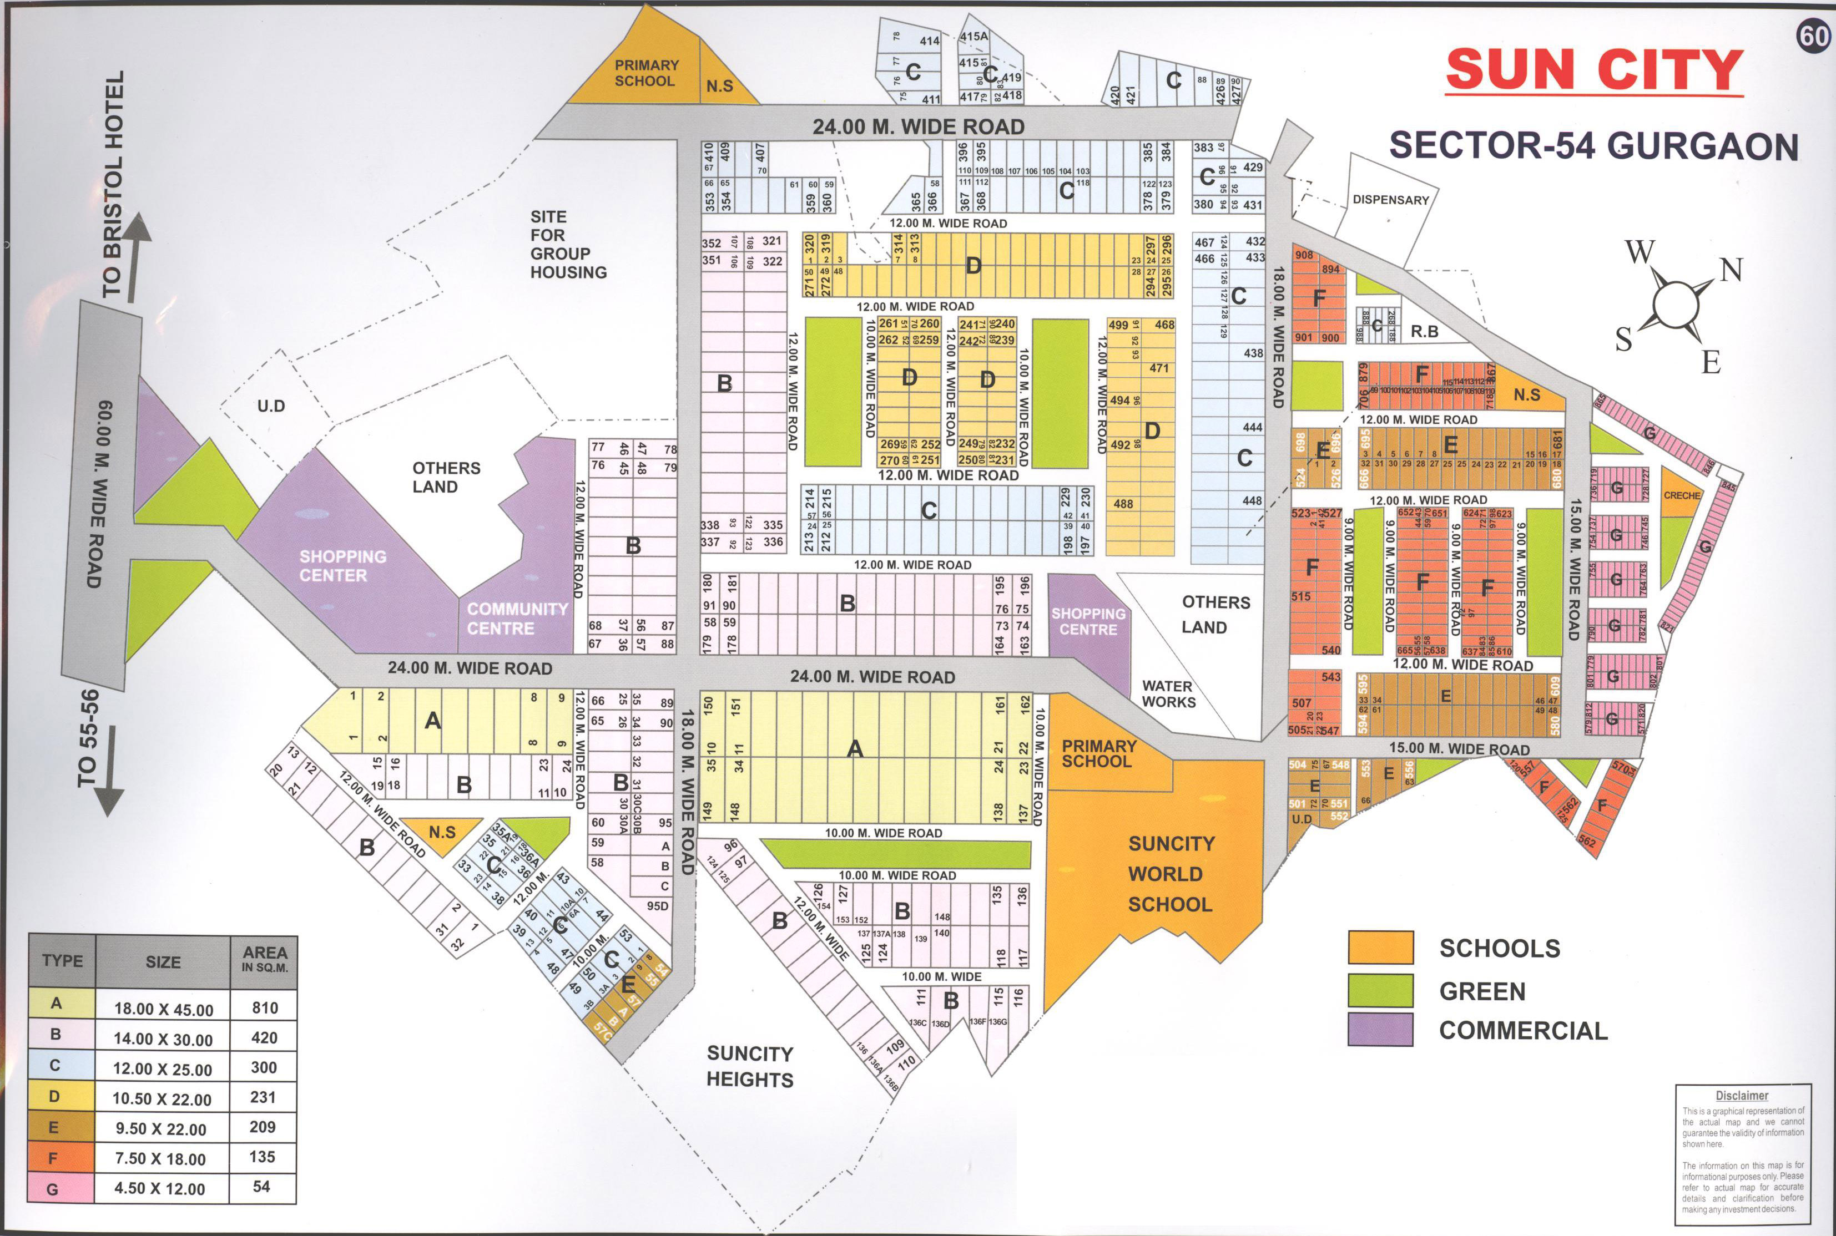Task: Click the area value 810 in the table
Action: [265, 1008]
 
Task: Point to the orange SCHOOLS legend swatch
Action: [1380, 948]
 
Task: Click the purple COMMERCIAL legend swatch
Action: [1380, 1030]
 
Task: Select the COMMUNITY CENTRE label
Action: [517, 619]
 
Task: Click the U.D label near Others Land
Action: [270, 407]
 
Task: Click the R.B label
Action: [1424, 332]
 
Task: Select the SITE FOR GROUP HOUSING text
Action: [567, 244]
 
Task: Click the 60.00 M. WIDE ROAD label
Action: [100, 494]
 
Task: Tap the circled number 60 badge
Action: [1812, 36]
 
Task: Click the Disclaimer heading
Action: [1741, 1096]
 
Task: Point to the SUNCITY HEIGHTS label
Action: [749, 1067]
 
